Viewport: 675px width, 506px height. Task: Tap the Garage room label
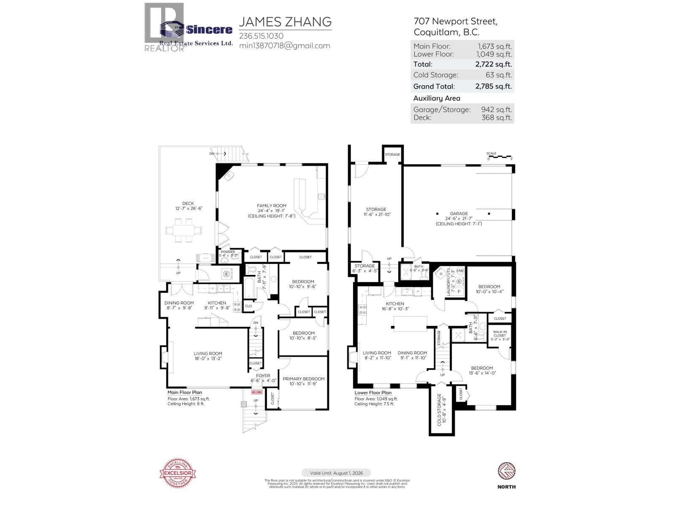(459, 213)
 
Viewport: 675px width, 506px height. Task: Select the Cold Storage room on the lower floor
(441, 409)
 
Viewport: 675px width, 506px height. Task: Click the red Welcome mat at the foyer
(257, 392)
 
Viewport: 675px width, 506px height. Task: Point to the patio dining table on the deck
(184, 230)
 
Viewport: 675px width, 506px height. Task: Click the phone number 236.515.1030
(261, 36)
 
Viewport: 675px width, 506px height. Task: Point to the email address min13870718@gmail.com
(284, 46)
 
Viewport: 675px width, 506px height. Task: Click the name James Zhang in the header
(285, 22)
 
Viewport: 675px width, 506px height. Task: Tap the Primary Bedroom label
(303, 379)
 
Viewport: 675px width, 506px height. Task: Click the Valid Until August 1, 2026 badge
(336, 473)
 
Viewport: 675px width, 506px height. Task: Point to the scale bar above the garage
(500, 157)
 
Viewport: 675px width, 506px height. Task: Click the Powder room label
(228, 252)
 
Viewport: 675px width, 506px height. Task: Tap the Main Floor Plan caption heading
(185, 392)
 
